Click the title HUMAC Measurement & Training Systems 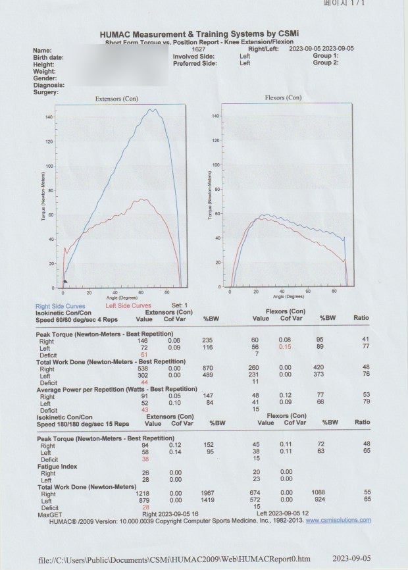[203, 34]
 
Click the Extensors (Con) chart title [118, 98]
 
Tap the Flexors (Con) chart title [283, 98]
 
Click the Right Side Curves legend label [60, 306]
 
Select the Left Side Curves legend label [128, 306]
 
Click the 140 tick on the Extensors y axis [49, 117]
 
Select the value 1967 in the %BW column [208, 494]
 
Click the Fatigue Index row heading [57, 467]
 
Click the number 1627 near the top [198, 49]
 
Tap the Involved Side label [190, 57]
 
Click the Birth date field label [48, 58]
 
